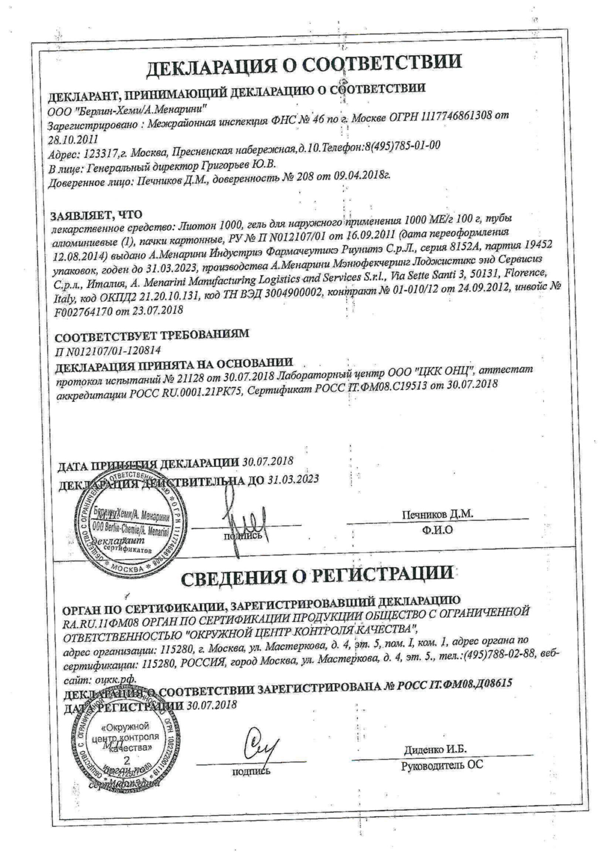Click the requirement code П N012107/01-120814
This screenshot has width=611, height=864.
tap(108, 351)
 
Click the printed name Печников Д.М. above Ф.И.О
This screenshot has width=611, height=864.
tap(437, 514)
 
